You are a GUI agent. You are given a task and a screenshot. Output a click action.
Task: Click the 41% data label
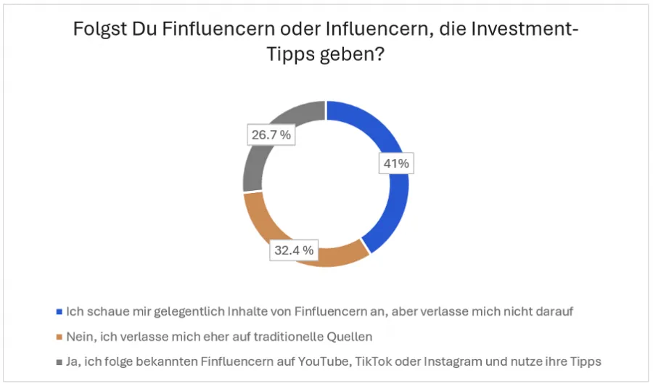click(x=396, y=164)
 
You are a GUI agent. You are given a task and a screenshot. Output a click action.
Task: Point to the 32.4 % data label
click(x=294, y=250)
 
